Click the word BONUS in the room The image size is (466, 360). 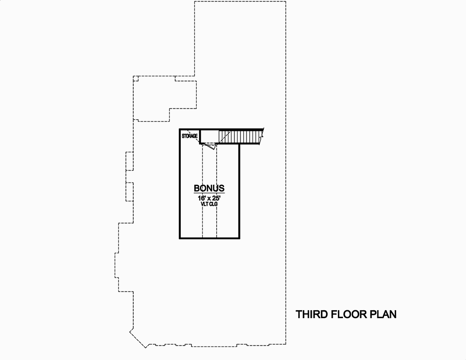(209, 189)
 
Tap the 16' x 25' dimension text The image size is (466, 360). (209, 197)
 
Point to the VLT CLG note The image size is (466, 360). (209, 204)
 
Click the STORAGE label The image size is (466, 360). (190, 136)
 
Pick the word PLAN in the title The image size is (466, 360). (383, 314)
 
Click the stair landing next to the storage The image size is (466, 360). (209, 136)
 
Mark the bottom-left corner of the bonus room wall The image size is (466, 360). (180, 238)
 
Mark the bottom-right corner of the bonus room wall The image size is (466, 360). (239, 238)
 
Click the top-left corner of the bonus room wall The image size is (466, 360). (180, 129)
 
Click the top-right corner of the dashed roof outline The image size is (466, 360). (285, 1)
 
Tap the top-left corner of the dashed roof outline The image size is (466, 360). (194, 1)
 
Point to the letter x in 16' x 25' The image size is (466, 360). (209, 197)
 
